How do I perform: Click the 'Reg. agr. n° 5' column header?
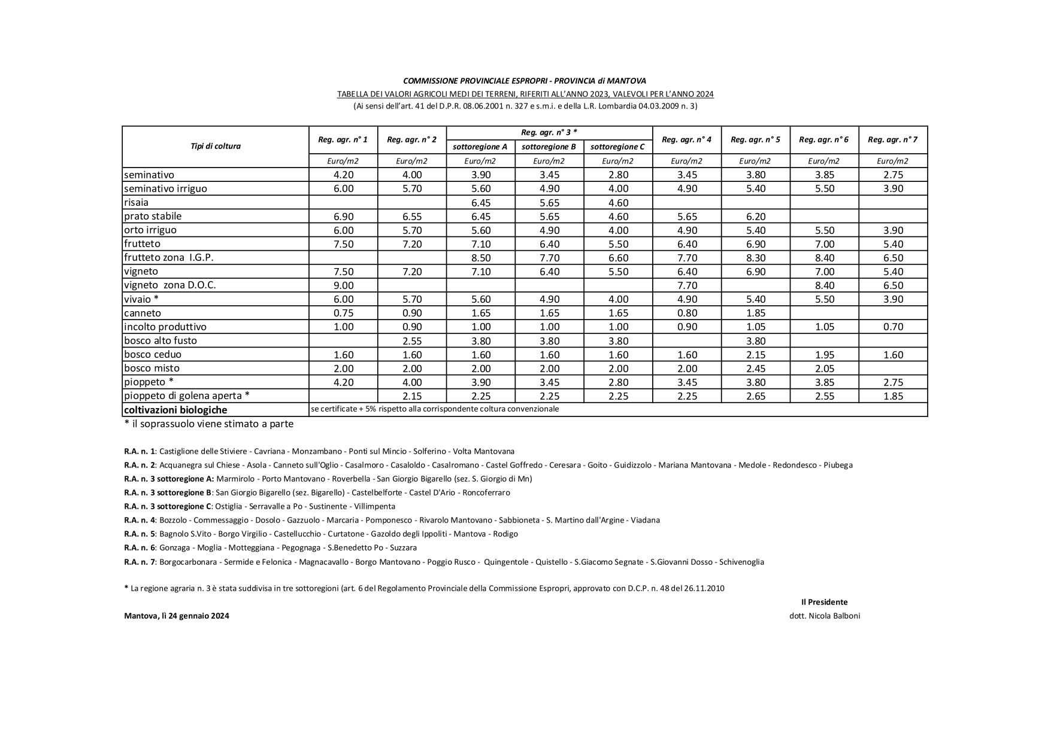tap(755, 140)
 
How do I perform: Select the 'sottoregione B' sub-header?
tap(549, 147)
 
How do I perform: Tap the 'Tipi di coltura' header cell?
tap(216, 146)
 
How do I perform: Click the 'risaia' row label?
tap(137, 202)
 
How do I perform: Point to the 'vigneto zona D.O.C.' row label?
tap(170, 285)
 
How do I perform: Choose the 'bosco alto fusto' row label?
tap(160, 340)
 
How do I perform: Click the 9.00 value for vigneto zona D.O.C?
tap(343, 285)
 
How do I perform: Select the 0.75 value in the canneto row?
tap(343, 313)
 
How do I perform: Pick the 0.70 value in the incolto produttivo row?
tap(892, 327)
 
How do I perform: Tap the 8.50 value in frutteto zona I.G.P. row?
tap(481, 258)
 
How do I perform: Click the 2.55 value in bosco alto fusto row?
tap(412, 340)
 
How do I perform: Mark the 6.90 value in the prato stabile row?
tap(343, 216)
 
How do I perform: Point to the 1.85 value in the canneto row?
tap(755, 313)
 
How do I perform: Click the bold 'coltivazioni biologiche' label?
tap(175, 410)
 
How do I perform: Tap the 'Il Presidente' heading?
tap(824, 602)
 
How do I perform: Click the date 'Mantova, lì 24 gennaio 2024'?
tap(177, 616)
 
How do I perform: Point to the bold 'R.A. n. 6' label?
tap(140, 548)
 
